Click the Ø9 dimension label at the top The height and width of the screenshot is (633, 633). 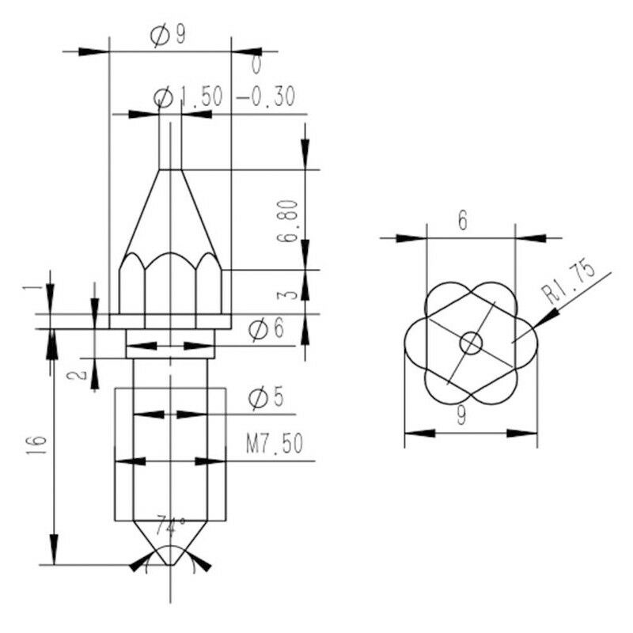pos(168,36)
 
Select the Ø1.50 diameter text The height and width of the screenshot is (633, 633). pos(188,97)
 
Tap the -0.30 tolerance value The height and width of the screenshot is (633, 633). pos(266,97)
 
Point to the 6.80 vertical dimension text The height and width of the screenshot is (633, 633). pos(288,221)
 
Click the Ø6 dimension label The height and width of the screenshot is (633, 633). pos(267,328)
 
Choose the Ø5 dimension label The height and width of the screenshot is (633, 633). pos(267,398)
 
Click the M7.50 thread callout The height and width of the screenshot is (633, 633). pos(275,444)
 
